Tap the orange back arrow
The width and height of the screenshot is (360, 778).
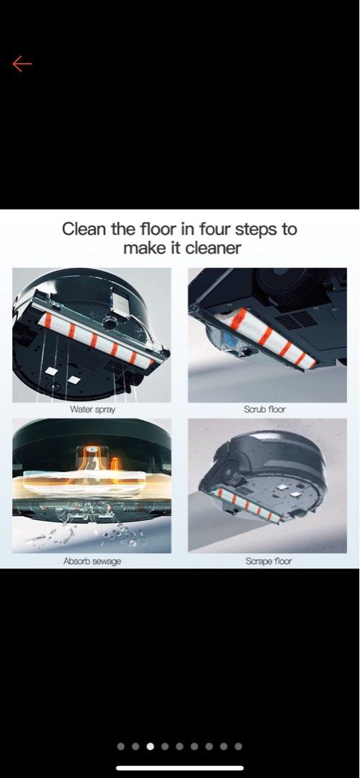[x=22, y=64]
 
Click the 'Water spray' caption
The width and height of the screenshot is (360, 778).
[x=93, y=409]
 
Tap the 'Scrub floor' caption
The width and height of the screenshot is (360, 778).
[x=264, y=409]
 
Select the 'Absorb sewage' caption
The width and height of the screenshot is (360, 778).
[x=92, y=561]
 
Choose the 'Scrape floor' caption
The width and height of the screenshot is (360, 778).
[x=269, y=561]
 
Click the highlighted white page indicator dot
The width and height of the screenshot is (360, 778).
[x=150, y=746]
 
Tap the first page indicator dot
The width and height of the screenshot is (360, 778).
[x=120, y=746]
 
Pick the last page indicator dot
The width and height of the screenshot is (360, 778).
[x=238, y=746]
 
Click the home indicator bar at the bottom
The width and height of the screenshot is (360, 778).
[x=180, y=769]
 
